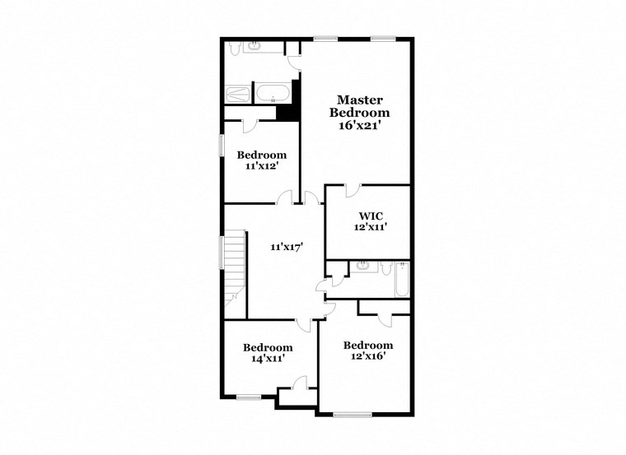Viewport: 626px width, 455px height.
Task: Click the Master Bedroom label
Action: pos(359,106)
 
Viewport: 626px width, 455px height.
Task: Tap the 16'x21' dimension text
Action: pos(359,126)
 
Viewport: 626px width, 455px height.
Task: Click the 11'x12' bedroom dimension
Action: pos(262,165)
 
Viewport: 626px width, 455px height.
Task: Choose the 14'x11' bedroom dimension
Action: pos(268,358)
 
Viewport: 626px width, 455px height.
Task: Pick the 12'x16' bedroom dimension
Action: pos(367,355)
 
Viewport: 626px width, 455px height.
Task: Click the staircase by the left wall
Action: pos(235,267)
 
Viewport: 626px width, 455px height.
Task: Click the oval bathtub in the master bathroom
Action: pos(273,93)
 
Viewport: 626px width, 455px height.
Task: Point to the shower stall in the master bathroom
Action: pos(238,93)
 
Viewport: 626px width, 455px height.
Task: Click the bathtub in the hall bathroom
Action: pos(402,280)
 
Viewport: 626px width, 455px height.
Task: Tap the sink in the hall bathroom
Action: pos(362,265)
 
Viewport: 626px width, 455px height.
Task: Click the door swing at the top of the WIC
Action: pos(352,191)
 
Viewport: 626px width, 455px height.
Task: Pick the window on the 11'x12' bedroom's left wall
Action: pos(221,144)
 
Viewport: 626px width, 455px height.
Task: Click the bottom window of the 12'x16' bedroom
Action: pos(353,414)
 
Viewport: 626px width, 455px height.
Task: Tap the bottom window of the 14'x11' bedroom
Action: pos(248,397)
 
